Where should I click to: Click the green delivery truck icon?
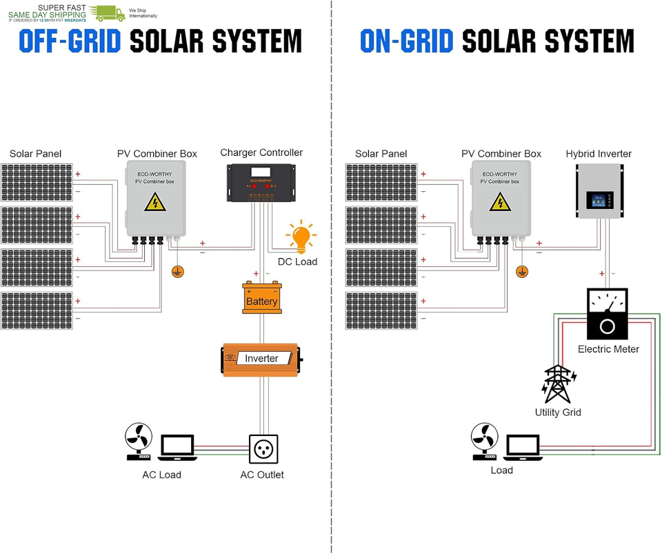tap(110, 12)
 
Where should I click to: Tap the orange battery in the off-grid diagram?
tap(261, 299)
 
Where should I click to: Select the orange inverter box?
tap(261, 359)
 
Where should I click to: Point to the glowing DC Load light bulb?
tap(300, 237)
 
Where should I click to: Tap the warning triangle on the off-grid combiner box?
tap(154, 203)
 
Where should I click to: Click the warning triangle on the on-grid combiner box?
tap(500, 203)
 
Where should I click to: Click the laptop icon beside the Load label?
tap(523, 446)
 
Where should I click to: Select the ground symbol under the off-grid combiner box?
tap(178, 271)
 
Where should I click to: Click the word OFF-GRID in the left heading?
tap(70, 42)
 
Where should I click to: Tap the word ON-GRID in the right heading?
tap(406, 42)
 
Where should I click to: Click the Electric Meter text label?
tap(608, 349)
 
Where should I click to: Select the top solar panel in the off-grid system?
tap(35, 182)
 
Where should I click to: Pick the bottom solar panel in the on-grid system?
tap(381, 310)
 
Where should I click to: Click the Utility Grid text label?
tap(558, 413)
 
